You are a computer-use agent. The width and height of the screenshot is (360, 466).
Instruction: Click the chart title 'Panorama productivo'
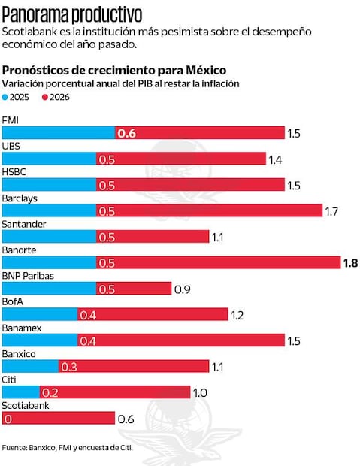click(x=72, y=13)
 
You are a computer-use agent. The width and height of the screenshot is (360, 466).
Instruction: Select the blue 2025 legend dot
click(x=6, y=97)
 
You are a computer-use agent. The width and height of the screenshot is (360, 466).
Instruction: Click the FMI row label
click(x=11, y=120)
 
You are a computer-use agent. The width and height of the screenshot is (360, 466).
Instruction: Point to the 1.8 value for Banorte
click(x=350, y=263)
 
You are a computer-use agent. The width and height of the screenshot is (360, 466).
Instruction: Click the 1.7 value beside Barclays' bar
click(x=331, y=211)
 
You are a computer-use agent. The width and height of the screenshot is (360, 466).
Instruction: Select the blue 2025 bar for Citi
click(x=21, y=392)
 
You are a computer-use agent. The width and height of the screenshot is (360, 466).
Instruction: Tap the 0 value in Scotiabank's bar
click(x=8, y=419)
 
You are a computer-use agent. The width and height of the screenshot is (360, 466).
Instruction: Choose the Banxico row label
click(x=19, y=353)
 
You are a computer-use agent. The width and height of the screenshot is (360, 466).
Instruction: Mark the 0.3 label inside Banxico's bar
click(x=69, y=367)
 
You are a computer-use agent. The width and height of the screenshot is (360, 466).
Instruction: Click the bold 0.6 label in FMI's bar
click(x=126, y=133)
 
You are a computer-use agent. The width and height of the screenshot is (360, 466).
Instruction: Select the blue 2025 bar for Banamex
click(x=39, y=340)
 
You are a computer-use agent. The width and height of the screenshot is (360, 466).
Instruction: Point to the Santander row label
click(x=23, y=224)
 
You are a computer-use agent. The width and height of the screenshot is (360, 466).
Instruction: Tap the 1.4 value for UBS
click(x=275, y=159)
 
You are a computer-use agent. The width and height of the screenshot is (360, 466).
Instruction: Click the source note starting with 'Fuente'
click(x=67, y=448)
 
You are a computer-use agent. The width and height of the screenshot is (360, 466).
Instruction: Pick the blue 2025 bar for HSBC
click(x=49, y=185)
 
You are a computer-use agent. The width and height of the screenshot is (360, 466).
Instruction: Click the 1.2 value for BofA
click(x=237, y=315)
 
